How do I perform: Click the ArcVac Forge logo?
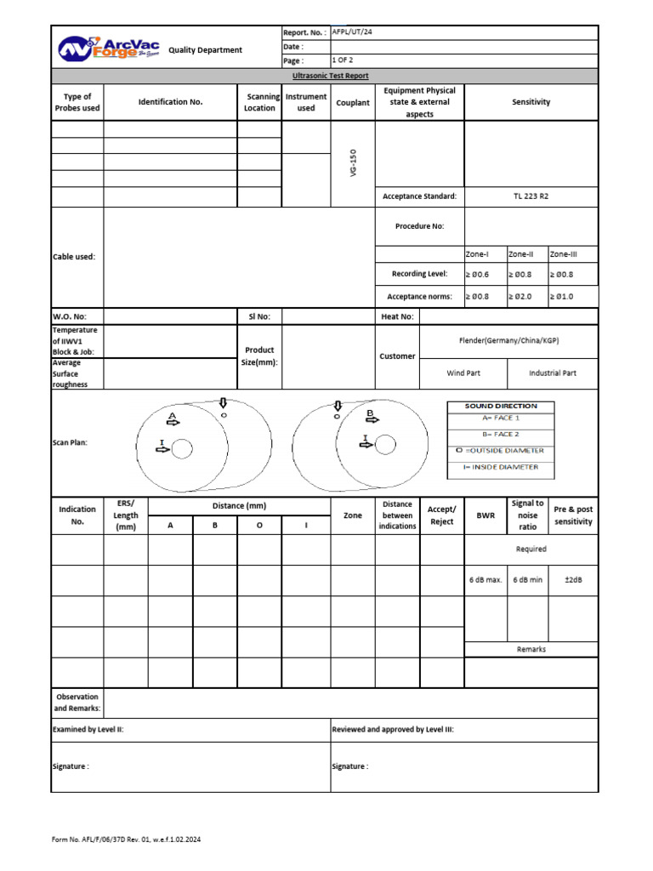[109, 48]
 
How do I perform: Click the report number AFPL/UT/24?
[352, 32]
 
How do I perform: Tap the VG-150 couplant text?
[353, 162]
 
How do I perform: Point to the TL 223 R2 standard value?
[531, 196]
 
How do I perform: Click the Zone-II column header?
[521, 253]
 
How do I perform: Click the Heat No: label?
[397, 316]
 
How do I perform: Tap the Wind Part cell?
[463, 373]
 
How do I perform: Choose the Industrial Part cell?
[553, 373]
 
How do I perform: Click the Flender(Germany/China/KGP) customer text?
[508, 340]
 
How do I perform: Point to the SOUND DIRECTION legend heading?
[501, 406]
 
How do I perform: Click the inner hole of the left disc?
[183, 448]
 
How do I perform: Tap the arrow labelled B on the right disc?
[372, 418]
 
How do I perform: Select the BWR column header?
[485, 515]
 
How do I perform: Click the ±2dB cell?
[573, 580]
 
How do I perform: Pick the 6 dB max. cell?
[485, 580]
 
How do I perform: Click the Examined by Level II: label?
[89, 729]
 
